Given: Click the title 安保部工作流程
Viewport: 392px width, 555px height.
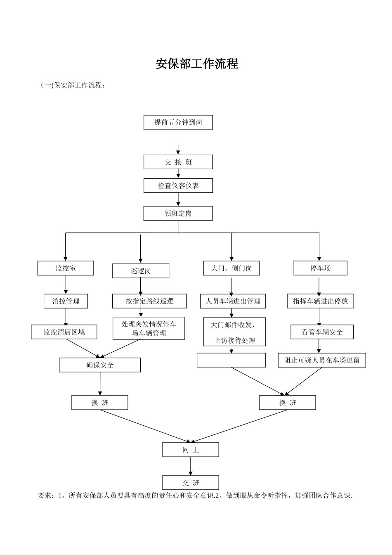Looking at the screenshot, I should (197, 64).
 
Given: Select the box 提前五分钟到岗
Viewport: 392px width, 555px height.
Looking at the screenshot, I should (178, 122).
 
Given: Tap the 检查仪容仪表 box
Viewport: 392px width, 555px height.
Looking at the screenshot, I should (178, 186).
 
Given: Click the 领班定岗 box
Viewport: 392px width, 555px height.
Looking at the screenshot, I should (178, 213).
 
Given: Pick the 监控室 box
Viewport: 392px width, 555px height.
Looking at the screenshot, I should (66, 268).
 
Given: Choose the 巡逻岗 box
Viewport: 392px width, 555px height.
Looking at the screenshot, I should (141, 271).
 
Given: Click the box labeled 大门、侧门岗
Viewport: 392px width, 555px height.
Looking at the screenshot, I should (231, 268).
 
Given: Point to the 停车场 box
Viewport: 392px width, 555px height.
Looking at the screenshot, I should (320, 268).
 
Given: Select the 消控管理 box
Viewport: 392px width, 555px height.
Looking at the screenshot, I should (66, 301).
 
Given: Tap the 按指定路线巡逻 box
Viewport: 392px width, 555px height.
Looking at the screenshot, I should (149, 301).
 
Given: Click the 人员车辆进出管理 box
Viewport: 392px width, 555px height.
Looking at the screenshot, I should (233, 301).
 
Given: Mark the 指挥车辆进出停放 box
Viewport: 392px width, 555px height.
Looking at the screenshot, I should (320, 301).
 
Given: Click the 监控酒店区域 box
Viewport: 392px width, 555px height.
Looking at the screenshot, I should (64, 332).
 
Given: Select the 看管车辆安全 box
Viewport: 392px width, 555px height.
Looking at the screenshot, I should (322, 332).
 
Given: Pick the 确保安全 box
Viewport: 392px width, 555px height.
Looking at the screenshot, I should (100, 365).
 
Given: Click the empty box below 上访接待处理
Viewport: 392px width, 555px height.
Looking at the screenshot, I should (231, 360).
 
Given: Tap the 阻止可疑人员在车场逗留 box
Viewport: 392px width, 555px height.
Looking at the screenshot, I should (322, 360).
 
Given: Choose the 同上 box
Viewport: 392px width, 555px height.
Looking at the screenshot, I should (191, 450).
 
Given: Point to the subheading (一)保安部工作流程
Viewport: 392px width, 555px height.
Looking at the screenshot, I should (73, 85).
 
